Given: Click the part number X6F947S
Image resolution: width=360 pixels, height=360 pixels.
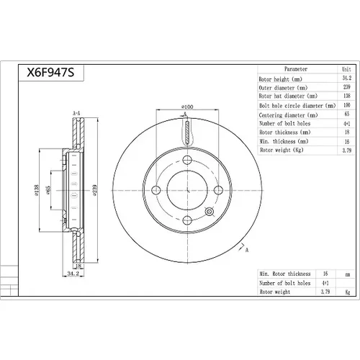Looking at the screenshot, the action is (50, 72).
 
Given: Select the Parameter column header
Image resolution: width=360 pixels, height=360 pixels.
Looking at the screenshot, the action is (296, 69).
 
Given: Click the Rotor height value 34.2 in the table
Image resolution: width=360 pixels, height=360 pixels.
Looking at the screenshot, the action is (347, 78).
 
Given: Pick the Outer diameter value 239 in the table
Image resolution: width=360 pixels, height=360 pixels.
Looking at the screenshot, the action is (347, 86).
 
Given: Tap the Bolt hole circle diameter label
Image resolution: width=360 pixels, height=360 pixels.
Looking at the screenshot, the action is (297, 106).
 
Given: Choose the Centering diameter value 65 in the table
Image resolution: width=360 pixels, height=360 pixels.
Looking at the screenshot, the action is (347, 114).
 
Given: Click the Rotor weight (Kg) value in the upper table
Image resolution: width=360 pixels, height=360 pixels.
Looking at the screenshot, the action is (347, 150).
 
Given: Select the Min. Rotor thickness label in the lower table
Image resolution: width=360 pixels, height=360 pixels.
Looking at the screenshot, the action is (285, 274).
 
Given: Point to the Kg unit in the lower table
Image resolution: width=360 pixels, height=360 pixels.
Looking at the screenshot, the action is (347, 292).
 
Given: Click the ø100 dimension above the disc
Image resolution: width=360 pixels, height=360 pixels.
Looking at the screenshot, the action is (187, 107).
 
